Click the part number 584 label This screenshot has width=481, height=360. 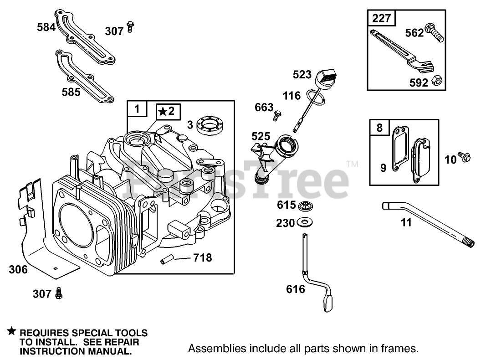(x=46, y=27)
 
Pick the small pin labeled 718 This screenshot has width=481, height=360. (x=166, y=261)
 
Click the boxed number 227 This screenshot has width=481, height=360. (x=382, y=19)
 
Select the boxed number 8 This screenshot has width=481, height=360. (x=379, y=128)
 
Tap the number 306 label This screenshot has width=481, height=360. (x=18, y=269)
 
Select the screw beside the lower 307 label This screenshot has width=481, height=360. (x=58, y=293)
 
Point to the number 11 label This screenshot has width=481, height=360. (x=406, y=222)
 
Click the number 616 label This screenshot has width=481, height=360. (x=296, y=289)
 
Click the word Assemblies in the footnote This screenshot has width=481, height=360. (x=213, y=349)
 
